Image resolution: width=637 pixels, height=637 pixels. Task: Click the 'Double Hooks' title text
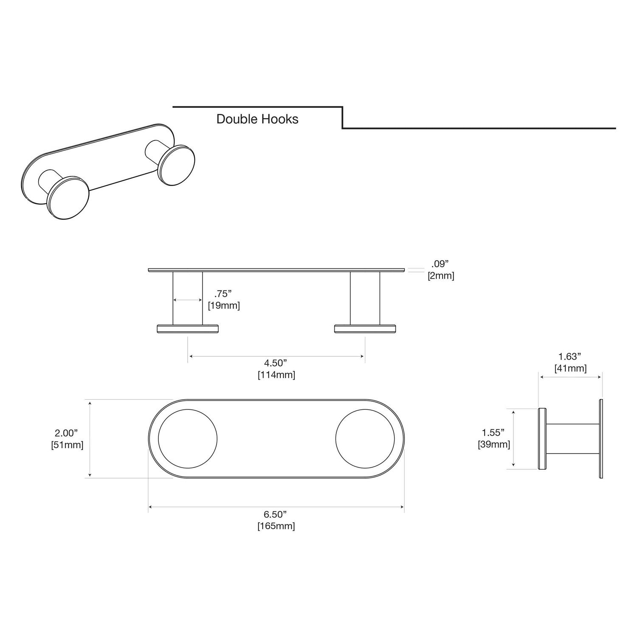[257, 119]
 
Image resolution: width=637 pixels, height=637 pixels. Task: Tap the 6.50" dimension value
[275, 514]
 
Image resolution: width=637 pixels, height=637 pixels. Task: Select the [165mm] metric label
[276, 526]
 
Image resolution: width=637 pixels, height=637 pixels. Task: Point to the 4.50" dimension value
[276, 363]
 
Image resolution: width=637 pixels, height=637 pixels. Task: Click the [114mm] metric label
[276, 375]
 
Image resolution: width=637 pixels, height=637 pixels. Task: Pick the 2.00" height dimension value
[66, 433]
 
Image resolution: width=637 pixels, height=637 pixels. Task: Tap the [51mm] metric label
[67, 445]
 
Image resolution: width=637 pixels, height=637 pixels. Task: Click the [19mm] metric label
[224, 306]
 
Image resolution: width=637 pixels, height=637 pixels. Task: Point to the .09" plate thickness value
[440, 264]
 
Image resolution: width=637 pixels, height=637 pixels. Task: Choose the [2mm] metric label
[441, 276]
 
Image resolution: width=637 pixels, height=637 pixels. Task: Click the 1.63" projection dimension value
[570, 357]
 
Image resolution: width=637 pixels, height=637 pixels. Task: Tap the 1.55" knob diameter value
[493, 433]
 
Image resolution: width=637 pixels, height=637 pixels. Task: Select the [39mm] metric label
[494, 445]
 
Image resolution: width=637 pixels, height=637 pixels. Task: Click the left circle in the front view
[188, 439]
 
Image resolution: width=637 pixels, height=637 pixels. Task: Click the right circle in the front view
[365, 439]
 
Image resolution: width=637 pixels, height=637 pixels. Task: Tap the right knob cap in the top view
[365, 329]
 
